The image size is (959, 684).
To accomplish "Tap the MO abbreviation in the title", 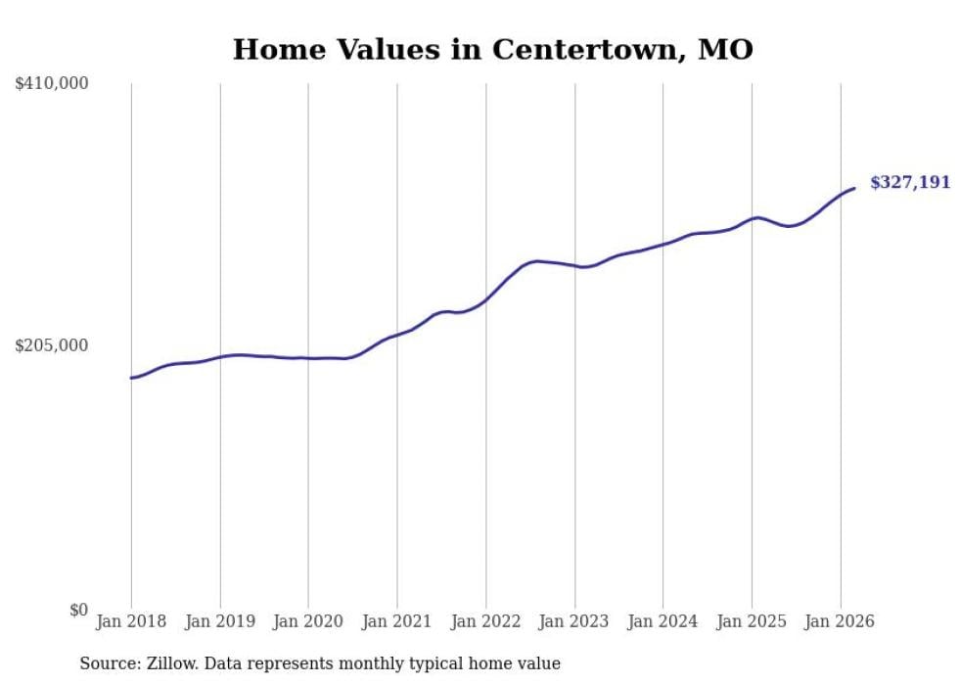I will pos(725,50).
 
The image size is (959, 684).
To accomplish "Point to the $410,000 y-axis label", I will pos(52,84).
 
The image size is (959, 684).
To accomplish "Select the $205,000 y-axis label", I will pos(52,345).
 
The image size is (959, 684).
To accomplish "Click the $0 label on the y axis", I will pos(78,611).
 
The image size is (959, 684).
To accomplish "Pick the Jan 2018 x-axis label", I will pos(131,621).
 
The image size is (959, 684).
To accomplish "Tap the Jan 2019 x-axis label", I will pos(220,621).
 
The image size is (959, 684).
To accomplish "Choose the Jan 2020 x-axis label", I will pos(308,621).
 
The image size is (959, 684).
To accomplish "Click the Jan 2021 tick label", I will pos(397,621).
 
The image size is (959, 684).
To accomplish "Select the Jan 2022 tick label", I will pos(485,621).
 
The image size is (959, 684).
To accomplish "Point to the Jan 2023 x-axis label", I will pos(574,621).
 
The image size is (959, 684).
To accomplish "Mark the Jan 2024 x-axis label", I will pos(662,621).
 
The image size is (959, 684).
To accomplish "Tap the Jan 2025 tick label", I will pos(752,621).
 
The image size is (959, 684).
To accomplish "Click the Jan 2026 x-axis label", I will pos(840,621).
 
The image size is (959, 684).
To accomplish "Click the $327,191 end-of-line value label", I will pos(909,183).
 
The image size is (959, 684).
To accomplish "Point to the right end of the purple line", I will pos(854,188).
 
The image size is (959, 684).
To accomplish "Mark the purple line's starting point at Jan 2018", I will pos(131,378).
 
